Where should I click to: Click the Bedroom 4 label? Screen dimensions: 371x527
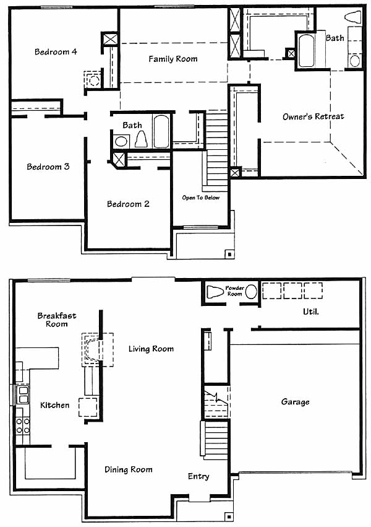pyautogui.click(x=56, y=52)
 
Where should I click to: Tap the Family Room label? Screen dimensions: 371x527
pyautogui.click(x=173, y=59)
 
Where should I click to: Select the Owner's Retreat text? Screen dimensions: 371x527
pyautogui.click(x=313, y=116)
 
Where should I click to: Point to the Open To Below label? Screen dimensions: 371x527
pyautogui.click(x=200, y=198)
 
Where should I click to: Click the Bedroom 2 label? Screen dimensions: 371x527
pyautogui.click(x=128, y=204)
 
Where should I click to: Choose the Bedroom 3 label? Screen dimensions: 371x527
pyautogui.click(x=48, y=167)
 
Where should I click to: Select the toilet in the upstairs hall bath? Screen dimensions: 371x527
pyautogui.click(x=141, y=139)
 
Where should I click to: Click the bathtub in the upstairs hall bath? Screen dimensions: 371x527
pyautogui.click(x=161, y=131)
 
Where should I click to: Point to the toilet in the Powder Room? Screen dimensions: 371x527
pyautogui.click(x=215, y=292)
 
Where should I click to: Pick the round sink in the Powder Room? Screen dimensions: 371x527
pyautogui.click(x=251, y=292)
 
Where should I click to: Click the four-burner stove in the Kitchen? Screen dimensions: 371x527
pyautogui.click(x=23, y=425)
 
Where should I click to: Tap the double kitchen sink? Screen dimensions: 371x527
pyautogui.click(x=23, y=395)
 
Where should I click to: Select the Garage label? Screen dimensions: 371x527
pyautogui.click(x=295, y=402)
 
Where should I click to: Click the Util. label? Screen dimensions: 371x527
pyautogui.click(x=310, y=312)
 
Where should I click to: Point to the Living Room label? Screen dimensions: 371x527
pyautogui.click(x=151, y=349)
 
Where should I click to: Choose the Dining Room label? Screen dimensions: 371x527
pyautogui.click(x=129, y=469)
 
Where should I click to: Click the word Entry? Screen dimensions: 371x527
pyautogui.click(x=198, y=476)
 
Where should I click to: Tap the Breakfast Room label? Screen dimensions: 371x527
pyautogui.click(x=57, y=320)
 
